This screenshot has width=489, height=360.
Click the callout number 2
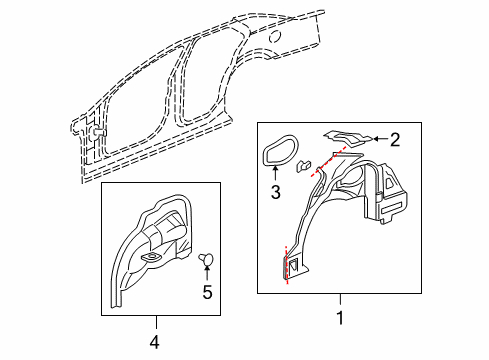[394, 142]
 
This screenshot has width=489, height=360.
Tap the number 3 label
[275, 191]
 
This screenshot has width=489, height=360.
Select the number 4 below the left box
[155, 342]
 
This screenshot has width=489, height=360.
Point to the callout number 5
[208, 293]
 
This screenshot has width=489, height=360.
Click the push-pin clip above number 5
[208, 259]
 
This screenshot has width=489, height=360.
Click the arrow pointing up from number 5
[208, 275]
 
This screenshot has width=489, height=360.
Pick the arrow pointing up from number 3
[275, 174]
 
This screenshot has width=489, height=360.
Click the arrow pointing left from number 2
[377, 141]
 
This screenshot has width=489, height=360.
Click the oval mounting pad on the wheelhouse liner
[152, 259]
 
